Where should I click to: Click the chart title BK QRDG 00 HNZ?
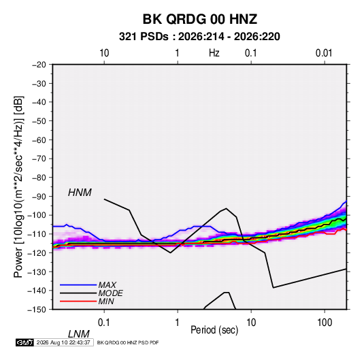pyautogui.click(x=200, y=19)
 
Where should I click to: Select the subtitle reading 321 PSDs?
pyautogui.click(x=144, y=37)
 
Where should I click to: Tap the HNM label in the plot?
pyautogui.click(x=80, y=193)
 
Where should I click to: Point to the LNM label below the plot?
pyautogui.click(x=78, y=334)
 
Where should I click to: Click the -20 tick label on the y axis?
pyautogui.click(x=39, y=65)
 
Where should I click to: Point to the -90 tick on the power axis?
pyautogui.click(x=39, y=197)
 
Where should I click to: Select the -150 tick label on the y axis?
pyautogui.click(x=37, y=310)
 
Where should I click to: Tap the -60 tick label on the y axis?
pyautogui.click(x=39, y=140)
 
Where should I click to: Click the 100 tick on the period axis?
pyautogui.click(x=325, y=322)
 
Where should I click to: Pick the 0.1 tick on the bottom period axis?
pyautogui.click(x=104, y=322)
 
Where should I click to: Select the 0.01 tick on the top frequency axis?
pyautogui.click(x=324, y=53)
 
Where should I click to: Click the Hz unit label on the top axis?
pyautogui.click(x=214, y=53)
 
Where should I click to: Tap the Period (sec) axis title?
pyautogui.click(x=214, y=330)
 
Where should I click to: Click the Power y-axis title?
pyautogui.click(x=18, y=186)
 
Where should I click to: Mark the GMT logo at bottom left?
pyautogui.click(x=24, y=342)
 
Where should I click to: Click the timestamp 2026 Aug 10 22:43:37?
pyautogui.click(x=63, y=342)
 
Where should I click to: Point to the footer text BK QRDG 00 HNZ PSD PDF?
pyautogui.click(x=128, y=342)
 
